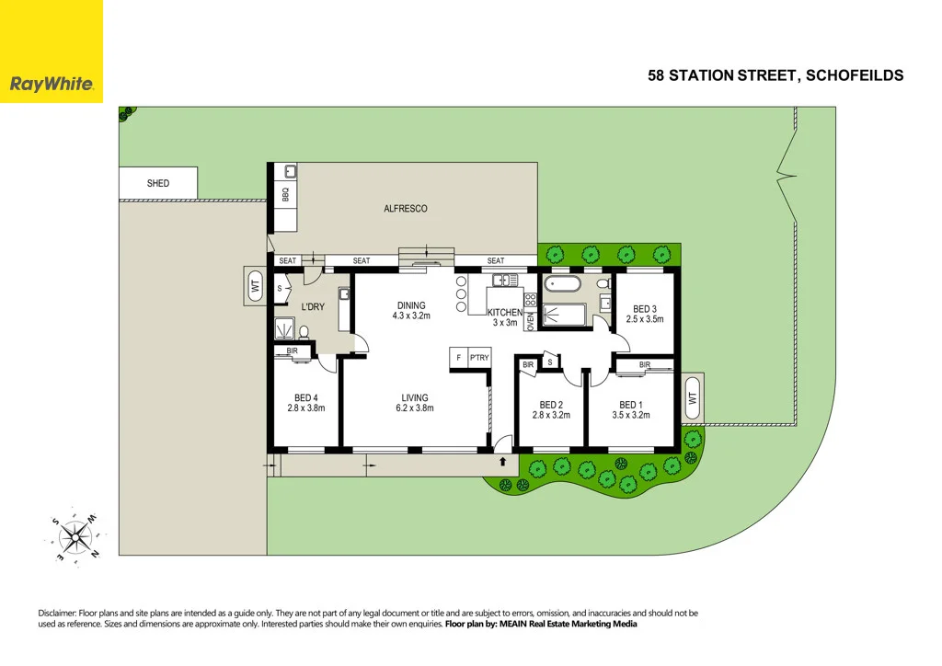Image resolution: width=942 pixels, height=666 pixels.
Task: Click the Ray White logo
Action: click(52, 84)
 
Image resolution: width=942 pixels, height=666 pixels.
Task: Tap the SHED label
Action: click(158, 183)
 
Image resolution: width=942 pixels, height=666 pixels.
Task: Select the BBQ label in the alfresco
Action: click(285, 196)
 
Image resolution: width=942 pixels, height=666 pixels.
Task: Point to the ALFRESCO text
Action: click(406, 209)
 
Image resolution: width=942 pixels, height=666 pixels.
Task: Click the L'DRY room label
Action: click(315, 306)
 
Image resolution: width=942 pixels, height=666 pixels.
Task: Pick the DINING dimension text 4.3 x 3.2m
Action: click(411, 316)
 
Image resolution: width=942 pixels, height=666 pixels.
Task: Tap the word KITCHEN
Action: click(505, 313)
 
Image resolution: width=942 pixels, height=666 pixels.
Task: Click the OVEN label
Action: click(530, 319)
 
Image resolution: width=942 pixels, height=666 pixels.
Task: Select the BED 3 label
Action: click(644, 308)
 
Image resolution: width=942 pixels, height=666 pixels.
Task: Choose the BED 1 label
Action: click(630, 405)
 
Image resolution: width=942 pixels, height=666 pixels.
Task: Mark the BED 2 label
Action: click(551, 405)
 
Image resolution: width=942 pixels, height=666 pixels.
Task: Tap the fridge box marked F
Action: click(458, 358)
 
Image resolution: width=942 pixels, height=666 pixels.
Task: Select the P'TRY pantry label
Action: click(479, 358)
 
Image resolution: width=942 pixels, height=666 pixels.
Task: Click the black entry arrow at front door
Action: click(502, 462)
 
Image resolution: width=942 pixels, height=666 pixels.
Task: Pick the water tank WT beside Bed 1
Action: click(691, 398)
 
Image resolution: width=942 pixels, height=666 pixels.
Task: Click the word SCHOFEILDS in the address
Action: click(855, 75)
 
